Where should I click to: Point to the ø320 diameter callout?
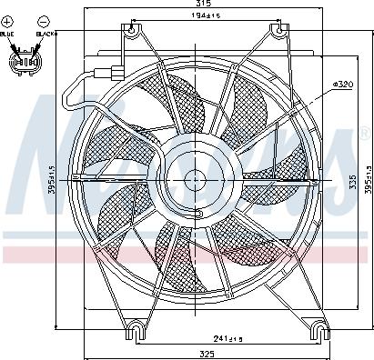pos(343,84)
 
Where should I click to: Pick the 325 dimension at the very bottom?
pos(207,354)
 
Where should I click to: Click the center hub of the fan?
pos(193,179)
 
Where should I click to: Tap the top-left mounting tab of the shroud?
pos(134,31)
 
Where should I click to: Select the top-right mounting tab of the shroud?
pos(277,31)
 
